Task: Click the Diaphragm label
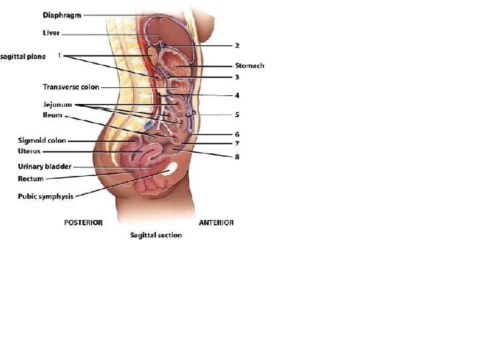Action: (x=63, y=15)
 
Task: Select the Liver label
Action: (x=51, y=33)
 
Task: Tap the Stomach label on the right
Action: (x=249, y=65)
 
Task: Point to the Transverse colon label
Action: (x=71, y=87)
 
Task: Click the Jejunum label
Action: (x=57, y=105)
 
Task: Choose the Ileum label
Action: (x=53, y=115)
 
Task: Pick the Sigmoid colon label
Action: (x=41, y=141)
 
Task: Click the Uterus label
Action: (x=29, y=151)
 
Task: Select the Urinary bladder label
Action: (x=44, y=167)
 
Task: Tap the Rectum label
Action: (x=31, y=179)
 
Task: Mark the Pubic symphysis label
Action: (x=45, y=196)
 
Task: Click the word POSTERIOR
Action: (x=83, y=223)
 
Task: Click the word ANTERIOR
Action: (x=216, y=223)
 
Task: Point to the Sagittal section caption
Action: (x=155, y=235)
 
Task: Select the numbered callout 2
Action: (x=237, y=45)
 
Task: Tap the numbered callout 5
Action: (x=237, y=114)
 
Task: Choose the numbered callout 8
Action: (x=237, y=157)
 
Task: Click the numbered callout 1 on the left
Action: (x=59, y=56)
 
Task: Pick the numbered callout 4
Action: (x=237, y=95)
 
